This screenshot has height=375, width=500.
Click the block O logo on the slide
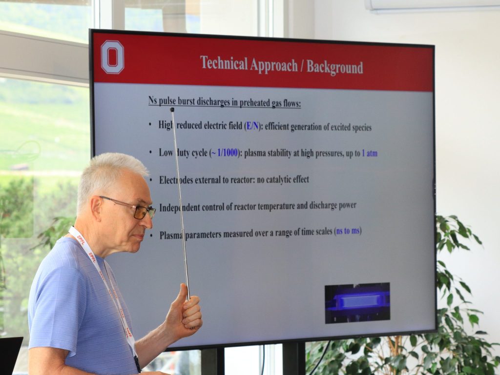112,58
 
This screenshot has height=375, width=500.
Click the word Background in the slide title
335,66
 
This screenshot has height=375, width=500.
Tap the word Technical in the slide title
224,63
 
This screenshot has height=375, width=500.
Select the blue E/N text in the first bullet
252,126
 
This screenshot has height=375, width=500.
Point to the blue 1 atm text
370,154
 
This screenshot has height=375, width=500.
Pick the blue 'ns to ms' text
348,231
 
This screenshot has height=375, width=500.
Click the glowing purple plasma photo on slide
357,303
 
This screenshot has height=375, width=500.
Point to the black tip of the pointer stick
172,110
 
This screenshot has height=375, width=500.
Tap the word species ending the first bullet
362,128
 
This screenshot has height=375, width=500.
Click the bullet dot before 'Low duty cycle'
150,153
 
